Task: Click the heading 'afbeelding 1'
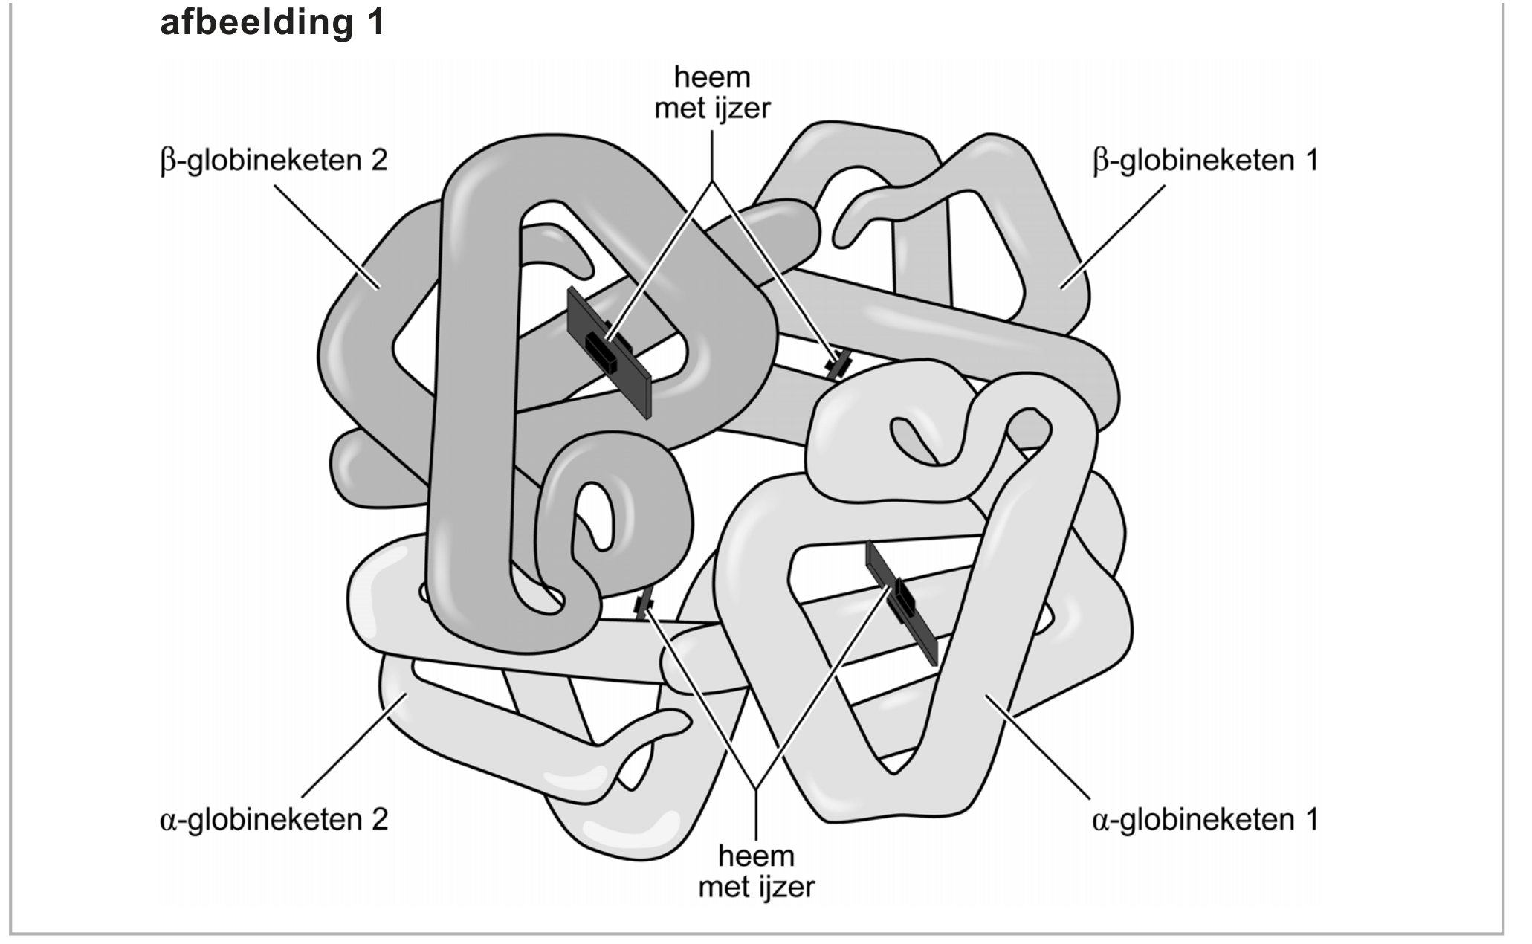click(272, 22)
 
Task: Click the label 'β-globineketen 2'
click(274, 161)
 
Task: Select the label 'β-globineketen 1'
click(1205, 161)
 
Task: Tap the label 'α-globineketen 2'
click(274, 820)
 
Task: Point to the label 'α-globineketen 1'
click(1205, 820)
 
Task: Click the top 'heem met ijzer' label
click(712, 93)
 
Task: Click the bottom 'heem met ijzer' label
click(756, 871)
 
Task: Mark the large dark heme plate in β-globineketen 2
click(609, 353)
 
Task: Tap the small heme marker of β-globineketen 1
click(840, 363)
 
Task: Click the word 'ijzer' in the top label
click(740, 109)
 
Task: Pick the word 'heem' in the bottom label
click(756, 856)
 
